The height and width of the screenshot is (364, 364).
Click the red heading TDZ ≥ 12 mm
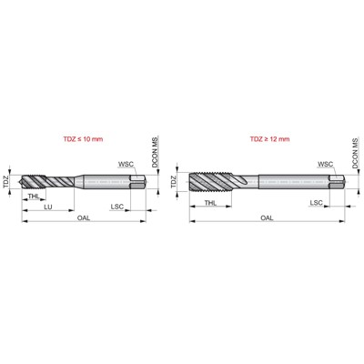tap(269, 140)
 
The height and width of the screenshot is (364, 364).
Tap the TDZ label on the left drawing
tap(7, 181)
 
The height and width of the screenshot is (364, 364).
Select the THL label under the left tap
tap(33, 197)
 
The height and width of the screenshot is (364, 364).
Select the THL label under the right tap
tap(210, 203)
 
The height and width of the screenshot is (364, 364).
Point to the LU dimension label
tap(47, 207)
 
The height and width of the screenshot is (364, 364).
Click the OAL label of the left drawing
tap(83, 218)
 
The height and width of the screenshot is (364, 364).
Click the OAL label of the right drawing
tap(268, 218)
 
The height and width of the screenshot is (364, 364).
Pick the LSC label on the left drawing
tap(116, 207)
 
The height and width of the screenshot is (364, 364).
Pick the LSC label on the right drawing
tap(315, 203)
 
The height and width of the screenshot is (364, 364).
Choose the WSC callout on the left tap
tap(124, 165)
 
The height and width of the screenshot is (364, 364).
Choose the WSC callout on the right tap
tap(324, 165)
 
